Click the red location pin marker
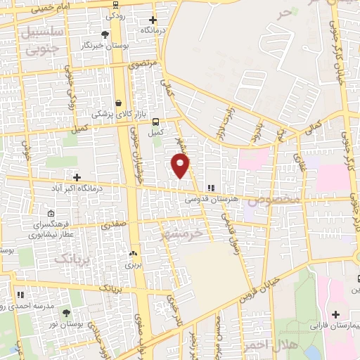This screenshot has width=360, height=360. click(x=181, y=166)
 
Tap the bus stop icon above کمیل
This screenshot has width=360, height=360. click(x=156, y=121)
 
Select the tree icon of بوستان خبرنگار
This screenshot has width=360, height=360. click(x=105, y=34)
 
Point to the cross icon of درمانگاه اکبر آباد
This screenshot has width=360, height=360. click(x=77, y=177)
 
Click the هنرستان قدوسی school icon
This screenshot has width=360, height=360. click(x=210, y=188)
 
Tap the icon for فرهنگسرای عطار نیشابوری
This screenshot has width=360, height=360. click(x=49, y=214)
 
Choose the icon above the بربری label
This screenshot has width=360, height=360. click(x=133, y=253)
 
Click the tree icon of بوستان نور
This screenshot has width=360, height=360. click(x=67, y=312)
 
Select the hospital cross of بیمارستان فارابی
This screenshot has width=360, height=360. click(x=335, y=314)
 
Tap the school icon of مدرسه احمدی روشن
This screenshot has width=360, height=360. click(x=21, y=295)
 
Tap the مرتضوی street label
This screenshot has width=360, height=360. click(x=144, y=64)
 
